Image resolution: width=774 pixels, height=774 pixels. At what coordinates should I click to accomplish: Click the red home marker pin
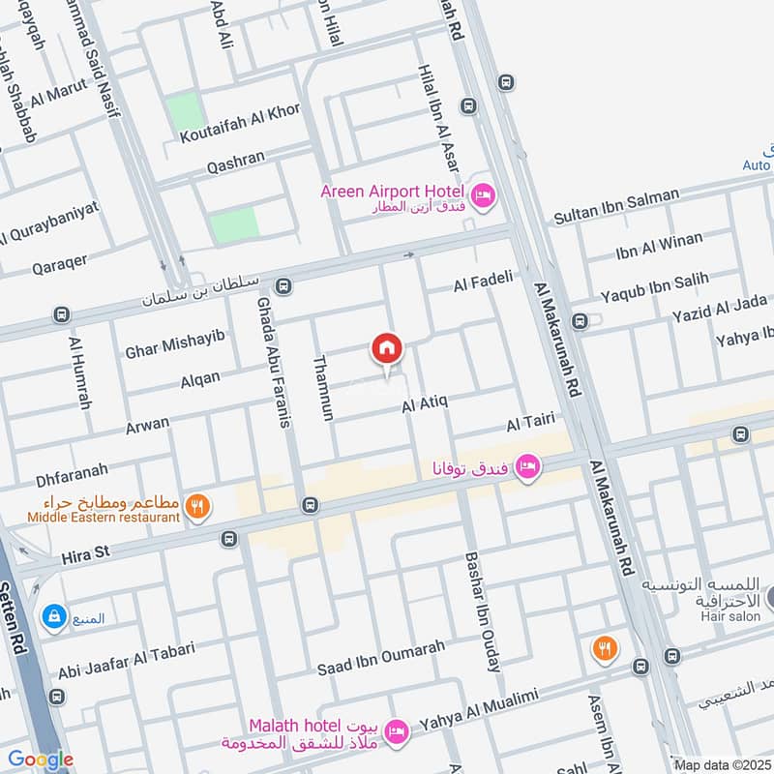click(387, 349)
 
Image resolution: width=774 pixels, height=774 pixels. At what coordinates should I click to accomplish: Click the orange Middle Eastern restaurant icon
click(197, 507)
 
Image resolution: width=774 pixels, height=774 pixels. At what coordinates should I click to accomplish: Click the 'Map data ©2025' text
click(722, 764)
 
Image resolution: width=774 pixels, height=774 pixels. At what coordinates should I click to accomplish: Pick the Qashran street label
click(235, 165)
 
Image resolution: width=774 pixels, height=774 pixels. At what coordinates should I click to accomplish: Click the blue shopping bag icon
click(52, 615)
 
